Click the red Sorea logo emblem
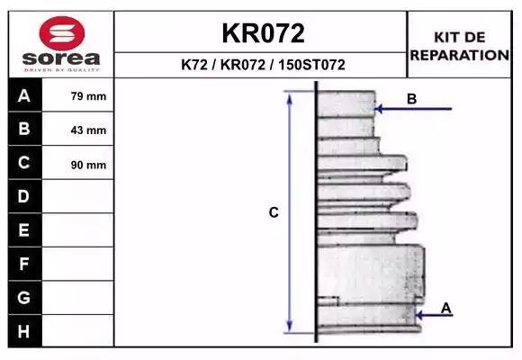[x=61, y=33]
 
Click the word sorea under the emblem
[x=61, y=58]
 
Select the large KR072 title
[x=263, y=33]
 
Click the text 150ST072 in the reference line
[x=311, y=65]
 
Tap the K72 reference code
[x=194, y=65]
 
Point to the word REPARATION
[x=459, y=55]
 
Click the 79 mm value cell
[x=78, y=95]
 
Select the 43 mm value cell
[x=78, y=129]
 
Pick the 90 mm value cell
[x=78, y=163]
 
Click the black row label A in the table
[x=25, y=95]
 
